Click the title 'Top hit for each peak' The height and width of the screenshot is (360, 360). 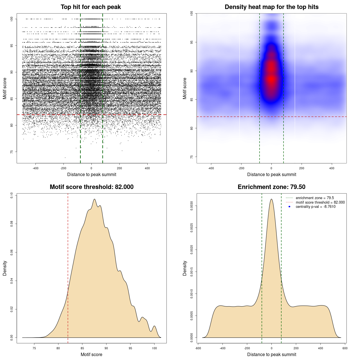coord(91,7)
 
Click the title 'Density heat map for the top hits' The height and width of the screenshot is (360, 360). coord(271,7)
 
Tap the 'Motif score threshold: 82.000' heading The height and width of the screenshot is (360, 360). coord(91,187)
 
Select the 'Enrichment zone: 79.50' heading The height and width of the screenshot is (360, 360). coord(271,187)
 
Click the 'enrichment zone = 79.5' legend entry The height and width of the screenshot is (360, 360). coord(315,198)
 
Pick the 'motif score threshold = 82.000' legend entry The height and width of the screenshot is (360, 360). coord(320,202)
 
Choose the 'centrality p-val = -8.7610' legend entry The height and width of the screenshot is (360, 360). coord(316,207)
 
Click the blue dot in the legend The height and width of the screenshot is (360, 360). coord(289,207)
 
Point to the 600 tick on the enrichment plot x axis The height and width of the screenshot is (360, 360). coord(345,348)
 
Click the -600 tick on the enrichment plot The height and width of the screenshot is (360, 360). coord(198,348)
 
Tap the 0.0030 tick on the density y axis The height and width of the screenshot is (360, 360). coord(192,206)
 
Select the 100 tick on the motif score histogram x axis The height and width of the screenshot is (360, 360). coord(154,348)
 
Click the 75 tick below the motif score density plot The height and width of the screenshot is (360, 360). coord(34,348)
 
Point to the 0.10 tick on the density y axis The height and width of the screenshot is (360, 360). coord(12,195)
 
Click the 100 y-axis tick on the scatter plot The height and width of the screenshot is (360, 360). coord(12,19)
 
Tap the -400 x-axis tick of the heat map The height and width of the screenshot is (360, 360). coord(211,168)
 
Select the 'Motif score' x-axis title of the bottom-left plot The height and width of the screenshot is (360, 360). coord(91,354)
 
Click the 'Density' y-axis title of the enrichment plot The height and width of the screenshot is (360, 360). coord(185,268)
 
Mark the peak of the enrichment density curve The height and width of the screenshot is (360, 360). coord(271,199)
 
